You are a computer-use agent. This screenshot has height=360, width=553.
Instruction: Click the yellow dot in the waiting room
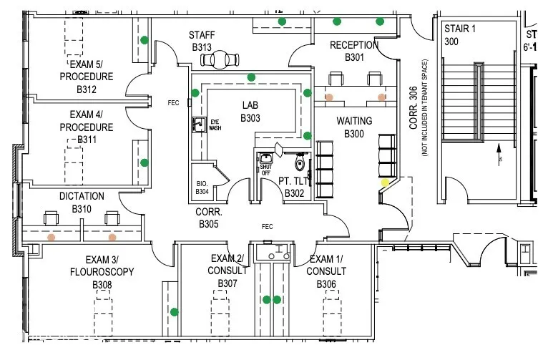click(385, 183)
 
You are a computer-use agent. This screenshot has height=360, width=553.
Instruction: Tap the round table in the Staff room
click(223, 58)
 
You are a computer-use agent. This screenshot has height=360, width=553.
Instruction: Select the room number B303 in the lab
click(250, 118)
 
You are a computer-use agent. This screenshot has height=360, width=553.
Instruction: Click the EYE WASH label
click(215, 125)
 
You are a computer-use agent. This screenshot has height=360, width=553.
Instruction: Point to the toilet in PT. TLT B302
click(300, 163)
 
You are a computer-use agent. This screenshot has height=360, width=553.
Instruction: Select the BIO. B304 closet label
click(202, 188)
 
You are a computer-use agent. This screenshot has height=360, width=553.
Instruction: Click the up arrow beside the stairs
click(499, 152)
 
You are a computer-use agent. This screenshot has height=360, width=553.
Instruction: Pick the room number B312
click(87, 89)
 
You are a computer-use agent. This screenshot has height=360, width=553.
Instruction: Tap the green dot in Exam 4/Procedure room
click(145, 162)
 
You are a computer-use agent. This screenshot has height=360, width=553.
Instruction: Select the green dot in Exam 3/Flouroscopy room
click(174, 311)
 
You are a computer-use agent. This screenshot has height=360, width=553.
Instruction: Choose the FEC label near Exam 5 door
click(173, 102)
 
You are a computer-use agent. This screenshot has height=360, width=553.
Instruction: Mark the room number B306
click(326, 284)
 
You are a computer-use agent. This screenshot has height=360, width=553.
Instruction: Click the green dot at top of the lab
click(251, 77)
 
